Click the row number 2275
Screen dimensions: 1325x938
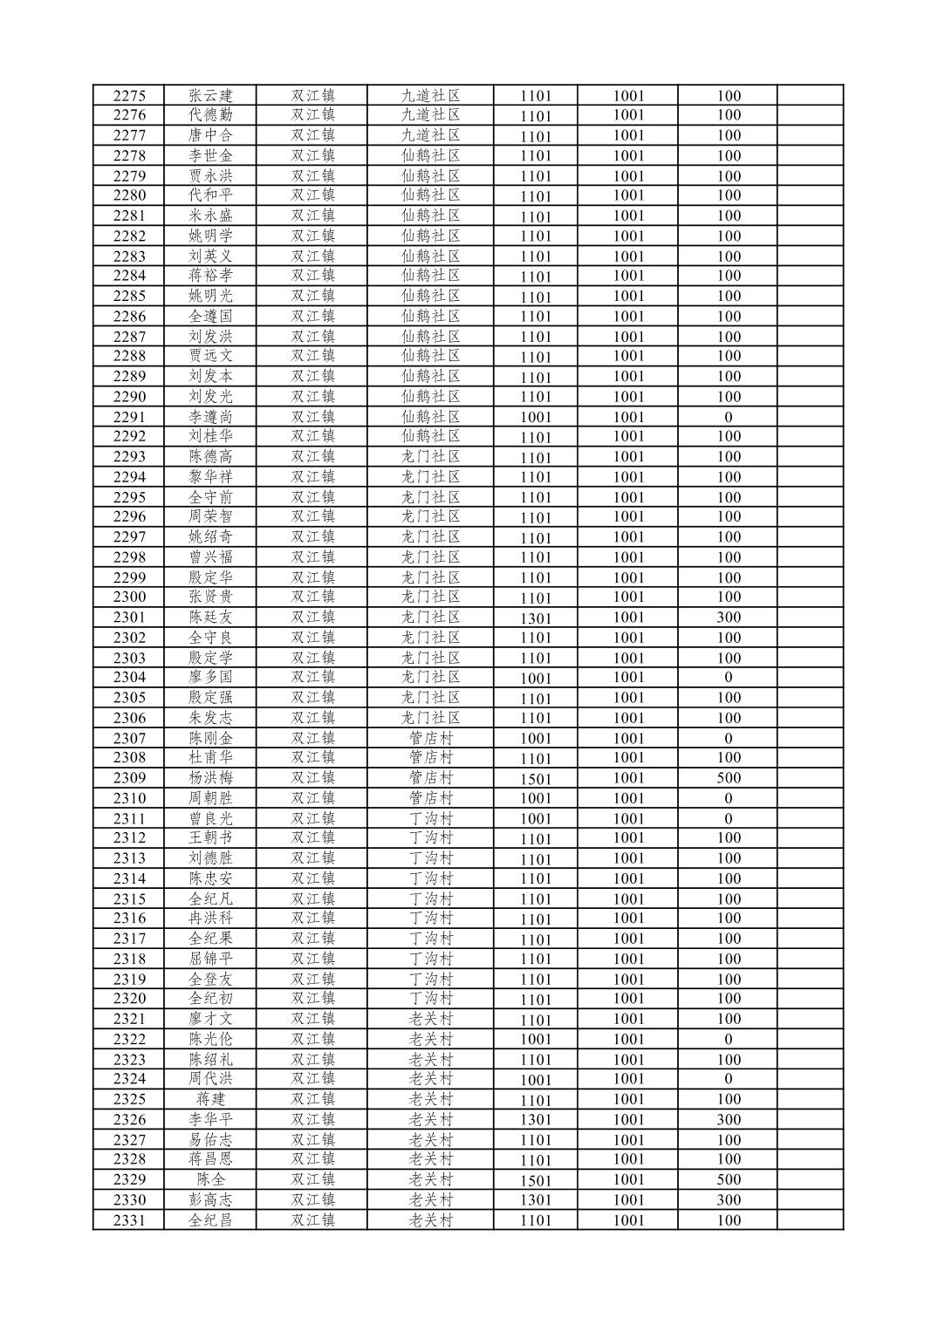click(x=129, y=96)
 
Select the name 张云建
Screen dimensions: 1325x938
click(x=210, y=96)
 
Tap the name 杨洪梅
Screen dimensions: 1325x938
click(x=210, y=778)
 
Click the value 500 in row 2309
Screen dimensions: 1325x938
click(x=728, y=778)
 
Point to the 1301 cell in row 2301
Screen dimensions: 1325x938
click(x=536, y=618)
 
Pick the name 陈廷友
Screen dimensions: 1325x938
click(x=210, y=618)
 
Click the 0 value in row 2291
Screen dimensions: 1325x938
click(x=728, y=417)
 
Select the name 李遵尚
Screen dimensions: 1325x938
click(x=210, y=417)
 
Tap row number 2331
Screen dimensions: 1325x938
click(x=129, y=1220)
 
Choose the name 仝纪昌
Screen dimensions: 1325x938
click(x=210, y=1220)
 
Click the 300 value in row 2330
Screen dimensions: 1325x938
click(x=728, y=1200)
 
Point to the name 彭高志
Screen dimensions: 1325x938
click(x=210, y=1200)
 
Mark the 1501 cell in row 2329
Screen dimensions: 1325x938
click(x=536, y=1180)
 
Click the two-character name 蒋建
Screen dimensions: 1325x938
click(x=210, y=1099)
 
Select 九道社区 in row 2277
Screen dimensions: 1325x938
click(x=430, y=135)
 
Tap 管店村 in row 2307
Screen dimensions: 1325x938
click(x=430, y=738)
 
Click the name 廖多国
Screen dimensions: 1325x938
click(x=210, y=678)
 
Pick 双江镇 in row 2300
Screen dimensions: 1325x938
click(x=312, y=598)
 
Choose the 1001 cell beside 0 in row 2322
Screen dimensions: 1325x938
click(x=628, y=1039)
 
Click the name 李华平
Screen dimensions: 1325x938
click(x=210, y=1119)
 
